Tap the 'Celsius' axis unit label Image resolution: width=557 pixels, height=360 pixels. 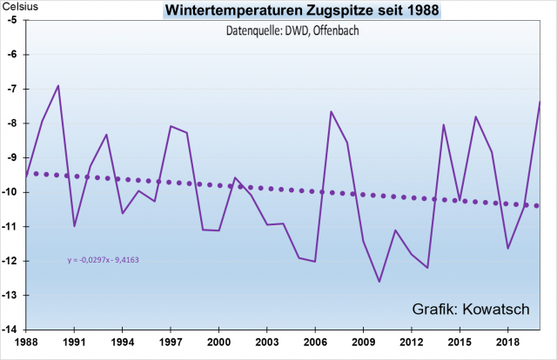coord(19,7)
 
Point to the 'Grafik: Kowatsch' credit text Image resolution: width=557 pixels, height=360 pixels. coord(470,310)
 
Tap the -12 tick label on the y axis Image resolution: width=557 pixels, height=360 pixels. coord(13,261)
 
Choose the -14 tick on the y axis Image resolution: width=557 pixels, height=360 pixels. coord(13,330)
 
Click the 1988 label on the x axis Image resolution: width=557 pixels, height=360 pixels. coord(25,343)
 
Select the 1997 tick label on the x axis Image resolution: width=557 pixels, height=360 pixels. coord(170,343)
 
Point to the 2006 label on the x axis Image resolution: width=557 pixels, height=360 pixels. coord(315,343)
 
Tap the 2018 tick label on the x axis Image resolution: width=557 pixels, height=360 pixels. coord(508,343)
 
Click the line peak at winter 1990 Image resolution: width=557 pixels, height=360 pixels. coord(58,85)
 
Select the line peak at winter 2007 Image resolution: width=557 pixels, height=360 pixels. coord(332,111)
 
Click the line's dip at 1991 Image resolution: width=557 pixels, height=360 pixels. coord(74,226)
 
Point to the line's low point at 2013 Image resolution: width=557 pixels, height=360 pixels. coord(427,268)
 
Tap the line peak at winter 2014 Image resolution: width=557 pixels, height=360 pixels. coord(444,124)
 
